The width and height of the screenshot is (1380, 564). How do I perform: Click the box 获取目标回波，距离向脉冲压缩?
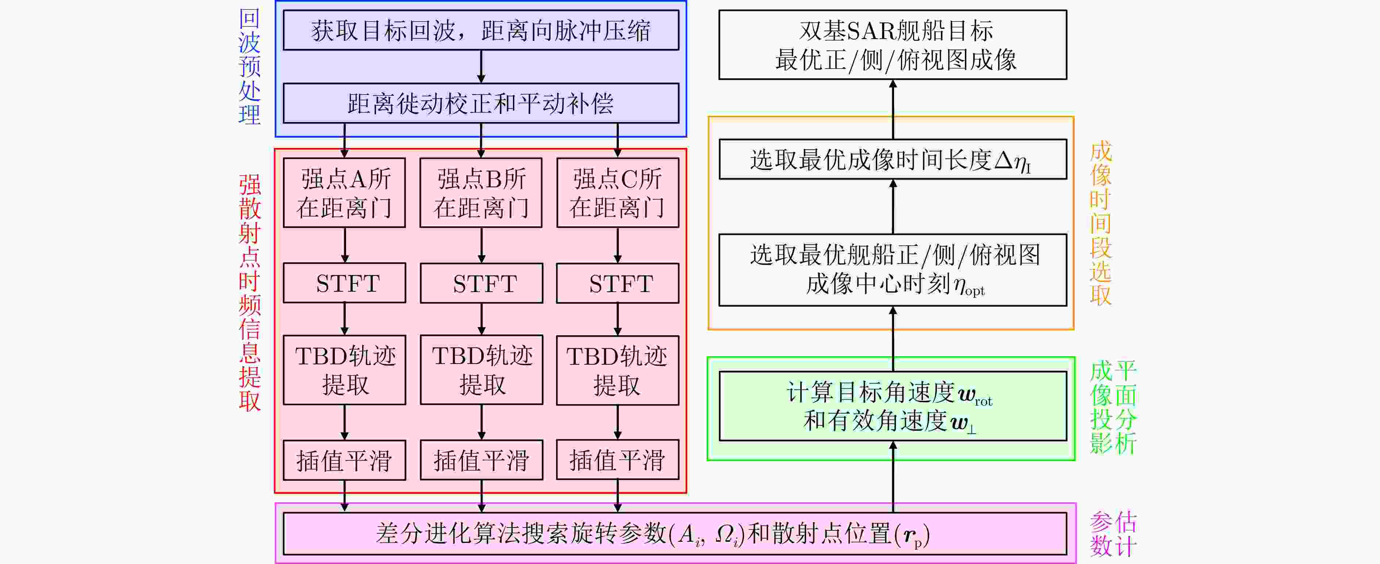pos(480,31)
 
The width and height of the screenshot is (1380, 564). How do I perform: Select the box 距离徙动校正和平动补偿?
pos(480,103)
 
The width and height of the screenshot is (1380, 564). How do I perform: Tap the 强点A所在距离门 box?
pos(345,193)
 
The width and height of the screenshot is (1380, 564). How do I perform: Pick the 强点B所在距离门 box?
pos(481,193)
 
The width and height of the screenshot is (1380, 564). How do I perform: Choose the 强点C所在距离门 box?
pos(618,193)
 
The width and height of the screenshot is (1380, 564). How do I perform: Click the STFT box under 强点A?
pos(345,283)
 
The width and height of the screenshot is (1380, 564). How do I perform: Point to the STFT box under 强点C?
pos(618,283)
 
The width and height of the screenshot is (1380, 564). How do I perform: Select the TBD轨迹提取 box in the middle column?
pos(481,369)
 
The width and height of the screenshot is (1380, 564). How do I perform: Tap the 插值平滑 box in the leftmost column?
pos(345,460)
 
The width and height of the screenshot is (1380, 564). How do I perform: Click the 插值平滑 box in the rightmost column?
pos(618,460)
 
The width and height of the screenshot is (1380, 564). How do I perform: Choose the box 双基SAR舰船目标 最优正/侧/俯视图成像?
pos(893,45)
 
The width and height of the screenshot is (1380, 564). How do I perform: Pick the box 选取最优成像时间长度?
pos(893,160)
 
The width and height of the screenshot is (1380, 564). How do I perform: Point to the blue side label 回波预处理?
pos(249,67)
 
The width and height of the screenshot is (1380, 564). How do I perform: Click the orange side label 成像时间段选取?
pos(1101,223)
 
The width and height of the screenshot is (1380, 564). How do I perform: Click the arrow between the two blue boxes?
pos(481,66)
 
